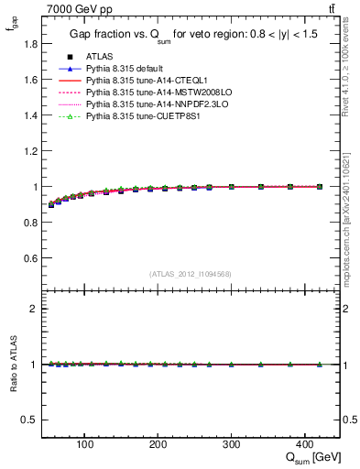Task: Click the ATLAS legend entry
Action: [98, 56]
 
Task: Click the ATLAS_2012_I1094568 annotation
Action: [190, 274]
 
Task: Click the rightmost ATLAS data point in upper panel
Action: [320, 187]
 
